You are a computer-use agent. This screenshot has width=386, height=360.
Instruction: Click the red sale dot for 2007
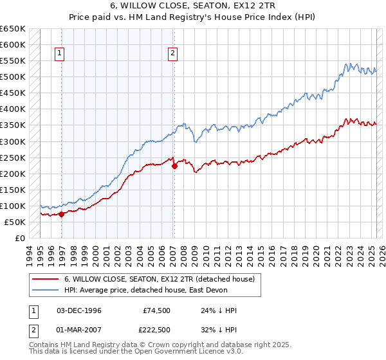174,166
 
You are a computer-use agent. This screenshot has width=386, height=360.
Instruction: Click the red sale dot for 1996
62,214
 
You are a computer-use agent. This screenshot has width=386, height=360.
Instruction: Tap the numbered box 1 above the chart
59,54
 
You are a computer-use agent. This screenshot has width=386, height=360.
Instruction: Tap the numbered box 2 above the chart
173,54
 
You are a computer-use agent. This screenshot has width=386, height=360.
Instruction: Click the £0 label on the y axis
20,238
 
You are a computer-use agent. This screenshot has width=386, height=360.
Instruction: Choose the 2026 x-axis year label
381,253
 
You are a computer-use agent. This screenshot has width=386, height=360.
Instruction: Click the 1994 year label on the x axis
30,253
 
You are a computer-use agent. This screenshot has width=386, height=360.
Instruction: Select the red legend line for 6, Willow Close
46,279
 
